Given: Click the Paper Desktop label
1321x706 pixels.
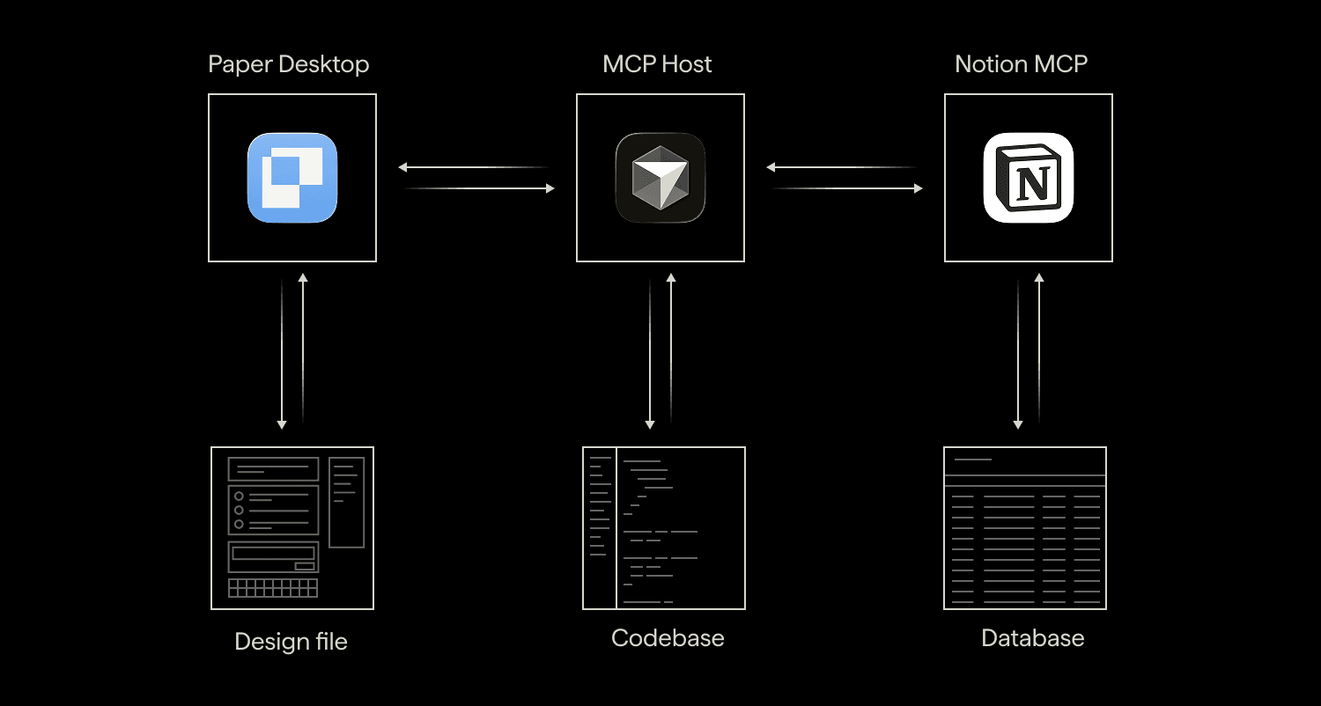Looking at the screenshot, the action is click(x=288, y=64).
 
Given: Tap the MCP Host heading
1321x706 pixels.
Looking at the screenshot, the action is click(x=657, y=63).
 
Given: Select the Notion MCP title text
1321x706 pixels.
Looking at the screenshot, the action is click(x=1021, y=63).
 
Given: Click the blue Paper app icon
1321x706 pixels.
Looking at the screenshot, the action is click(x=292, y=178).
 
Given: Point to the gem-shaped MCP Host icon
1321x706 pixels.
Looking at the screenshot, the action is click(x=660, y=178).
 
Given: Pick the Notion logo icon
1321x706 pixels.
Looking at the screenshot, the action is click(x=1029, y=178).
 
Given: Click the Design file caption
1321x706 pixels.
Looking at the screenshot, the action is click(x=291, y=641).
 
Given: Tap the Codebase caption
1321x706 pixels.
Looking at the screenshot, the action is click(x=668, y=637).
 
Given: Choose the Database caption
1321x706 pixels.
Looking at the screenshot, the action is click(x=1033, y=637).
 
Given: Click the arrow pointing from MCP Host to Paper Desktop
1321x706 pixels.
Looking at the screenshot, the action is click(x=474, y=167).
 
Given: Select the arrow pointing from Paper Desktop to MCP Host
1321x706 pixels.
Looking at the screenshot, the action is click(x=479, y=188).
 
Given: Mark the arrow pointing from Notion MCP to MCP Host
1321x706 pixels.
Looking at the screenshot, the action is click(x=842, y=167).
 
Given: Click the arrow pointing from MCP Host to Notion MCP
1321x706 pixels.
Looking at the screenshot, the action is click(x=847, y=188).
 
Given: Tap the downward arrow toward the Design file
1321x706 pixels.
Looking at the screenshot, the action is click(x=282, y=354).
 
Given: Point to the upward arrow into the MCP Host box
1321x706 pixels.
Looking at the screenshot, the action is click(x=671, y=349).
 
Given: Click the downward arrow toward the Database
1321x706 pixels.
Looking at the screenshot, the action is click(x=1018, y=354).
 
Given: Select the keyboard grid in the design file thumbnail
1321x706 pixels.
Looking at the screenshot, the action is click(x=273, y=587).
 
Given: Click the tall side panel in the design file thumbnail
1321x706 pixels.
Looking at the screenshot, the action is click(x=347, y=503).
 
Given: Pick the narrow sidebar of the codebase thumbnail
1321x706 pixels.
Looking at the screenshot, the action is click(x=599, y=528).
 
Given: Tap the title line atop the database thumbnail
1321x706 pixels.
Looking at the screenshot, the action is click(x=973, y=460).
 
